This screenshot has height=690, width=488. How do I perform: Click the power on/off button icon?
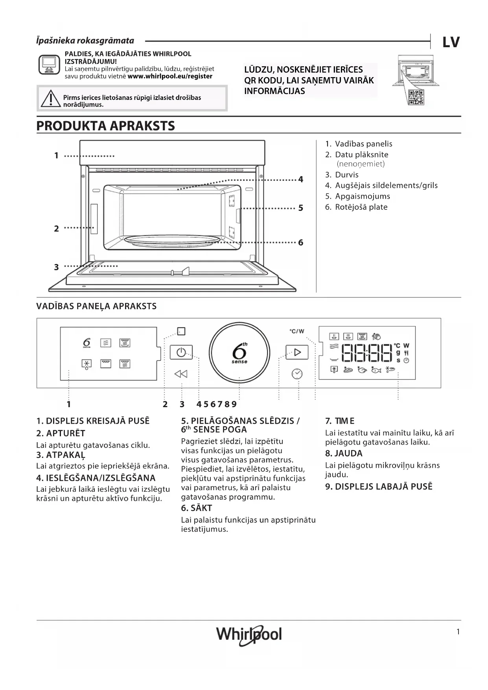coord(181,352)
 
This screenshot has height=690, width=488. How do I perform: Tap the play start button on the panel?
coord(297,352)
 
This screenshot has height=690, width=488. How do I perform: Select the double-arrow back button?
coord(181,374)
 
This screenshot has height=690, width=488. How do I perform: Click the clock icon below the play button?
coord(297,374)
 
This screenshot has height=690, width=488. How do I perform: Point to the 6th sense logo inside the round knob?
coord(239,352)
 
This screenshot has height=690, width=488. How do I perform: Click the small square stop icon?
coord(181,331)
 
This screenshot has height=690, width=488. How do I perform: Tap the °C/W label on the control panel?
coord(297,331)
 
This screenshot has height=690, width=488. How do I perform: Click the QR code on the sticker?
coord(416,97)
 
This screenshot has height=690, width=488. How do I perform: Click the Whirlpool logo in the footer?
coord(249,635)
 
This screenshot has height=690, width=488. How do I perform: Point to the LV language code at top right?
coord(451,42)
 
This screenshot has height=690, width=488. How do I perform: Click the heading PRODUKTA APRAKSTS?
coord(105,126)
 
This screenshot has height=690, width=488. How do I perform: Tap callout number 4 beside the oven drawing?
coord(301,179)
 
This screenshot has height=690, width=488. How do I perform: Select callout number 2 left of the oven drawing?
coord(56,229)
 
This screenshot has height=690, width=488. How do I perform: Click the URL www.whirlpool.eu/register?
coord(170,76)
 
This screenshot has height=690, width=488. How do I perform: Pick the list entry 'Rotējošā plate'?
coord(361,207)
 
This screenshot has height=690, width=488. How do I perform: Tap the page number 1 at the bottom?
coord(458,632)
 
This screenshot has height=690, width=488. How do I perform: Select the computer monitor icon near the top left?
coord(50,65)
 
